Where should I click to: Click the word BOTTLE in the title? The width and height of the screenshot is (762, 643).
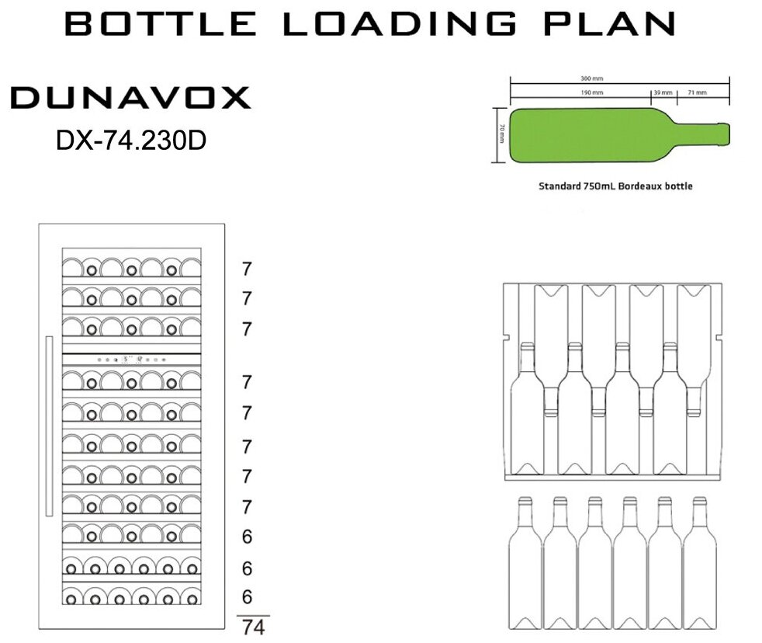pyautogui.click(x=160, y=24)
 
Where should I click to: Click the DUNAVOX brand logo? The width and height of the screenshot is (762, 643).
pyautogui.click(x=130, y=99)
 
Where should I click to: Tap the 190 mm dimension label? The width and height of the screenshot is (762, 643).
pyautogui.click(x=592, y=92)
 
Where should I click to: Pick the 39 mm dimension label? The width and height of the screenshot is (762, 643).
pyautogui.click(x=663, y=92)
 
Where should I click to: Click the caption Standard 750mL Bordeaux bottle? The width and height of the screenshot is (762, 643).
pyautogui.click(x=615, y=186)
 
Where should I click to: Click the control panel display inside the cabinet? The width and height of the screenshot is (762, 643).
pyautogui.click(x=131, y=360)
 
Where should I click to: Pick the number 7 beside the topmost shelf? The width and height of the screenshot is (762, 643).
pyautogui.click(x=247, y=270)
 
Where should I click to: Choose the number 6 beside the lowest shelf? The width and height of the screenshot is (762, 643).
pyautogui.click(x=247, y=597)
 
